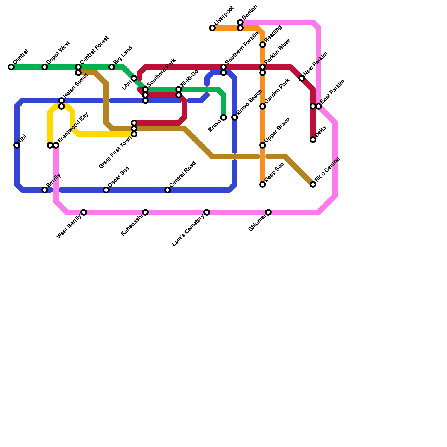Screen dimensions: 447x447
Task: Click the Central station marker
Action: [x=11, y=67]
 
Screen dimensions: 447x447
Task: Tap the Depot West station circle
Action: [x=45, y=67]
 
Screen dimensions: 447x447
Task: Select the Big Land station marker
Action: [x=112, y=67]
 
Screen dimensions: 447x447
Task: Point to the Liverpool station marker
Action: [x=212, y=28]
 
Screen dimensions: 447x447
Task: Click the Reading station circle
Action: [x=263, y=45]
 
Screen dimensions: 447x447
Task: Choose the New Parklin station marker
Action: [x=302, y=78]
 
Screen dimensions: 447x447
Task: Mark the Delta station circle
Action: [x=313, y=140]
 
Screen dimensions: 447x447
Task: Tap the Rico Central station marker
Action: [x=313, y=184]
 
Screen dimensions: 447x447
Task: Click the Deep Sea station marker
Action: [x=263, y=184]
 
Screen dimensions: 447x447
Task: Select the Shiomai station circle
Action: [x=268, y=212]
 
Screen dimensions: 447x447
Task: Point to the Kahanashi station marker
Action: [x=145, y=212]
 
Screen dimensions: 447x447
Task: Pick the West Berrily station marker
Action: [x=84, y=212]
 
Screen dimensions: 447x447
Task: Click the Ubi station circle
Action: [x=17, y=145]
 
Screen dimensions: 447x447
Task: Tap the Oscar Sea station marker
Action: [x=106, y=190]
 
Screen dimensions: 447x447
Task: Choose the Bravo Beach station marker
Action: [x=235, y=117]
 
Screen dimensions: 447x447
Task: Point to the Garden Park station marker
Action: [x=263, y=106]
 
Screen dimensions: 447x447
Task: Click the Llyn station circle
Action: [x=134, y=78]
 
